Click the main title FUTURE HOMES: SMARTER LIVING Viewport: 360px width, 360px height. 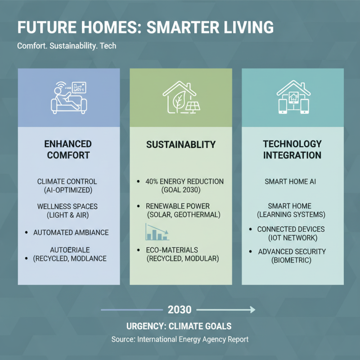pos(145,27)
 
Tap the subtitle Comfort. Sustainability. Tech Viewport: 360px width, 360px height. pos(67,46)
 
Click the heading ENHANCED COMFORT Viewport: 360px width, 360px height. pos(68,150)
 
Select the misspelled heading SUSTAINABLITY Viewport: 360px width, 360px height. pos(181,145)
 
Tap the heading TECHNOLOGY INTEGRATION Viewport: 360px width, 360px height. pos(292,150)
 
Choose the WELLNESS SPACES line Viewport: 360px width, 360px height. pos(67,207)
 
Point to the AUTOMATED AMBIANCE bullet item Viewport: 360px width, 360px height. pos(71,233)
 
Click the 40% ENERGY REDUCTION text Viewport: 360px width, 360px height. pos(184,182)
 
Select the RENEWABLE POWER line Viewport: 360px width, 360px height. pos(184,207)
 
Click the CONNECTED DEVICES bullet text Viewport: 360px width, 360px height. pos(291,229)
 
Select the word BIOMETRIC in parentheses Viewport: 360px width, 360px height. pos(292,260)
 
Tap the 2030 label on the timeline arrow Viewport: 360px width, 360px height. pos(180,310)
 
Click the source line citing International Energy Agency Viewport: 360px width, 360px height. pos(180,339)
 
